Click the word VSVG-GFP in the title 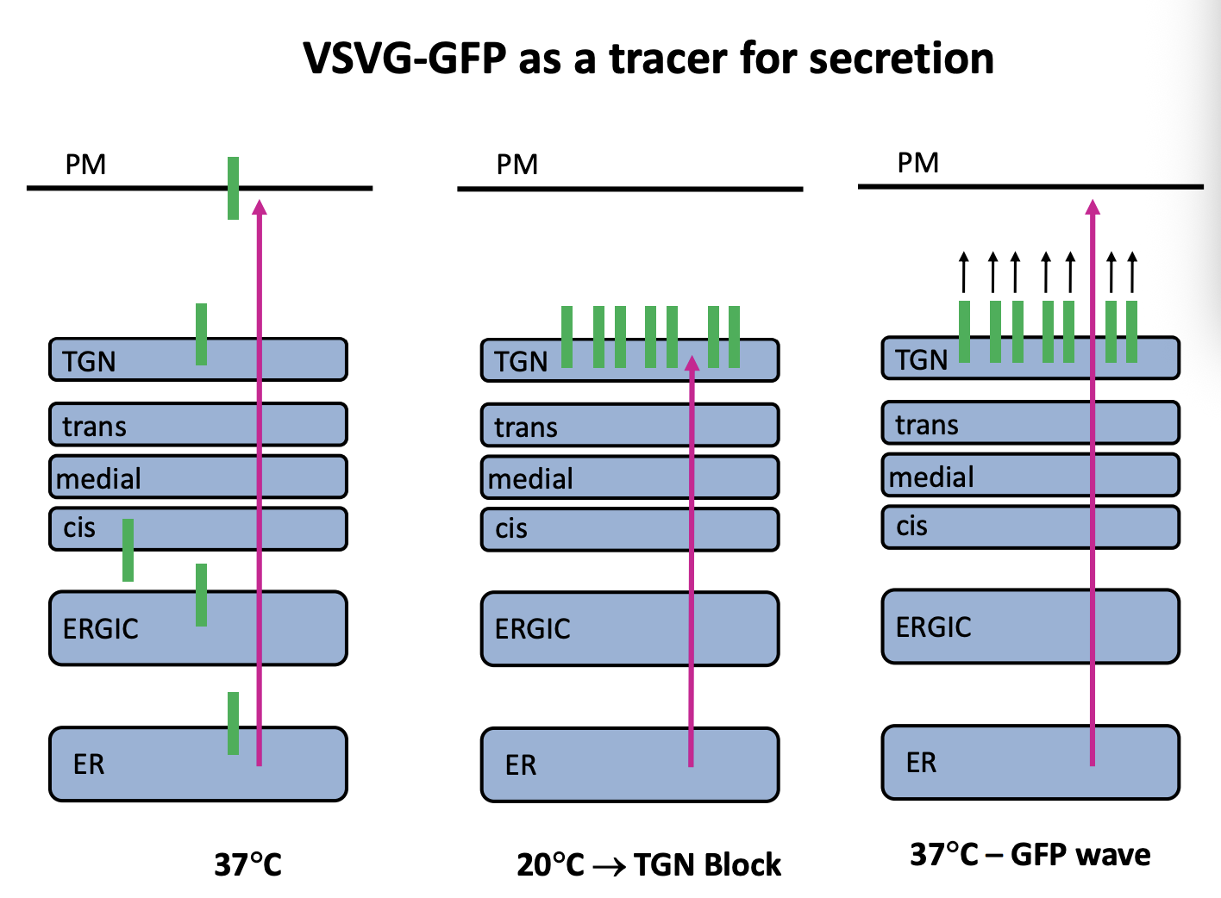[x=404, y=59]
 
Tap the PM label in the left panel [x=85, y=164]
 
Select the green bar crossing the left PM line [x=233, y=188]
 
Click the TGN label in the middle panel [x=521, y=361]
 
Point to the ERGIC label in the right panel [x=933, y=627]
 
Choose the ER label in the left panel [x=89, y=764]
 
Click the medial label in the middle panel [x=530, y=478]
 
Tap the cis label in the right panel [x=911, y=525]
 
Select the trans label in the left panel [x=94, y=426]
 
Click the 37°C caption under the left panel [x=248, y=864]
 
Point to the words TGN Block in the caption [x=707, y=864]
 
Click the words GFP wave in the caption [x=1080, y=854]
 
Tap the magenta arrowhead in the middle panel [x=692, y=363]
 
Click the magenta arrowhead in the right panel [x=1093, y=207]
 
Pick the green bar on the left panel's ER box [x=233, y=723]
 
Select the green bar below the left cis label [x=128, y=550]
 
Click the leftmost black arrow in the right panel [x=964, y=271]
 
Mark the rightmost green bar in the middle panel [x=734, y=337]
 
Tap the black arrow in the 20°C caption [x=610, y=866]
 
